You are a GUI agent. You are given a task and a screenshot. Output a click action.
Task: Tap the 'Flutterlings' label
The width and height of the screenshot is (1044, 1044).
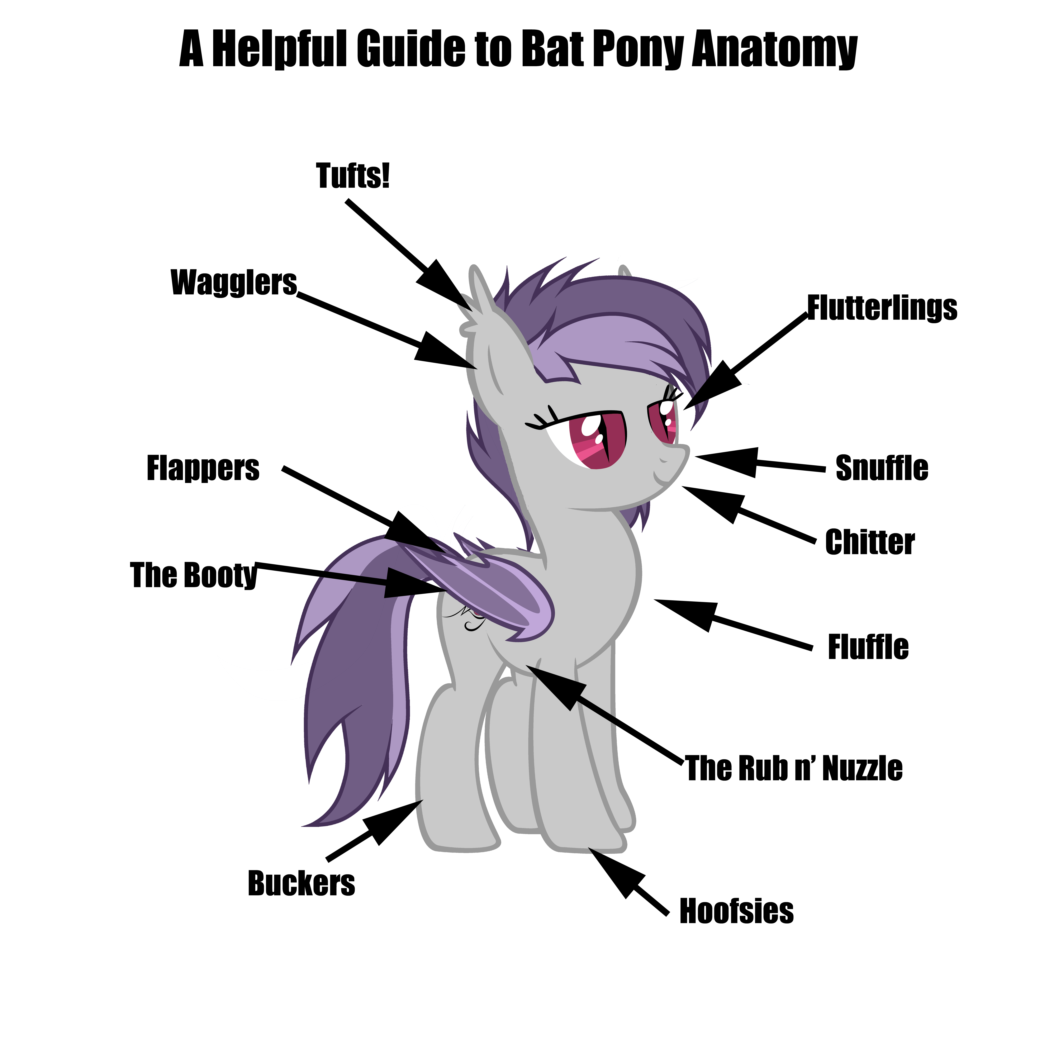[882, 308]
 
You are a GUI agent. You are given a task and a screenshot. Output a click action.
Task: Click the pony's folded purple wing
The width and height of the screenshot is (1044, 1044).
[486, 589]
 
